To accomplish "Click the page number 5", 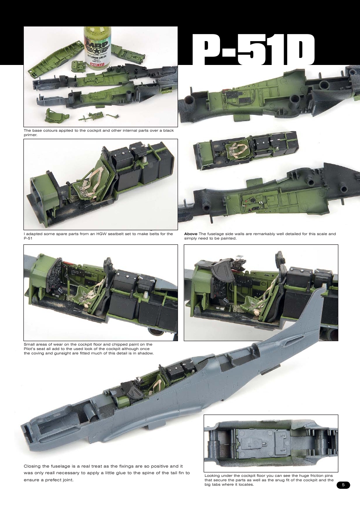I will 343,485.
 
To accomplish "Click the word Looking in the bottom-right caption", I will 213,476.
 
